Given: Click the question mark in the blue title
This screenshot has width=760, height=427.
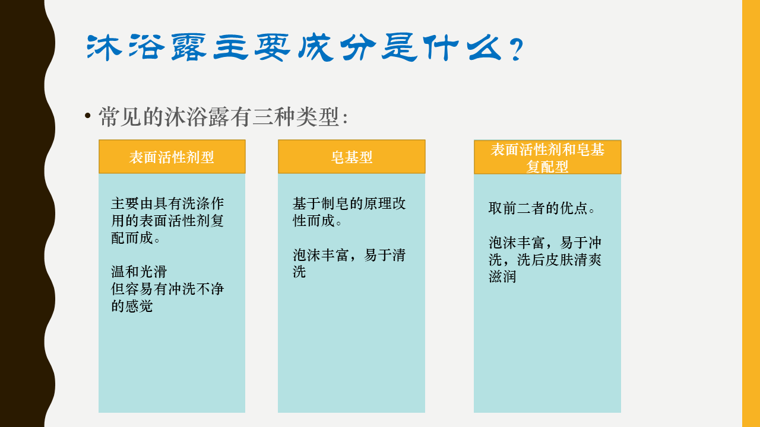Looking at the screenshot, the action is pos(517,49).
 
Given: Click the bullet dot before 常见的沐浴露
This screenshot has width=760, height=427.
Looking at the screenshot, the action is pos(88,116).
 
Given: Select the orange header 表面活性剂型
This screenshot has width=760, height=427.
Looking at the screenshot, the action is pos(172,157).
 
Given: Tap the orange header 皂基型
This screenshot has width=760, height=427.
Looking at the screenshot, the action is pos(351,157).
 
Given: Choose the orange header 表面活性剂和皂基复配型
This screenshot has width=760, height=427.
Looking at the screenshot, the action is pos(547,157).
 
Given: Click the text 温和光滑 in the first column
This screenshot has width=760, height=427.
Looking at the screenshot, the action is pos(139,272).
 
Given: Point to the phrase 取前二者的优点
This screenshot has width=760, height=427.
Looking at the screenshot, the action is pos(541,208).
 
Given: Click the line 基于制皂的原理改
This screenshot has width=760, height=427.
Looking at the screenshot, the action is pos(349,203).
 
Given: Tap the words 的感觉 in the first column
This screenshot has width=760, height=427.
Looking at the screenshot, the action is pos(132,306).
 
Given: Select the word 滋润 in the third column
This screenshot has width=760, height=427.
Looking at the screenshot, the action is pos(502,276).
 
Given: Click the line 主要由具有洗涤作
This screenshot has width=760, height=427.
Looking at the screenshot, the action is pos(167,203).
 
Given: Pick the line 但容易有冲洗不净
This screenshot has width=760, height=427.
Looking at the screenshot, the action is pos(167,289).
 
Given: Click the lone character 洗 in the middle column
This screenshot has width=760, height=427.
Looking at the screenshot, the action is pos(299,272).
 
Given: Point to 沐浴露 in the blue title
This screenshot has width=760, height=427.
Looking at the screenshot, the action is pos(147,47).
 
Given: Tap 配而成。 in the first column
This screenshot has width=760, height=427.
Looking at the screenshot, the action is pos(136,238).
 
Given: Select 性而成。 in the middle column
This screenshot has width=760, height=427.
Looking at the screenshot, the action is pos(317,221).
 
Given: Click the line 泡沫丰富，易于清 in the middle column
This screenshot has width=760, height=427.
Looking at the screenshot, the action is pos(349,255).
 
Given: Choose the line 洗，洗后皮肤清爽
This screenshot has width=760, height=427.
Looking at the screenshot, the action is pos(545,260).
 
